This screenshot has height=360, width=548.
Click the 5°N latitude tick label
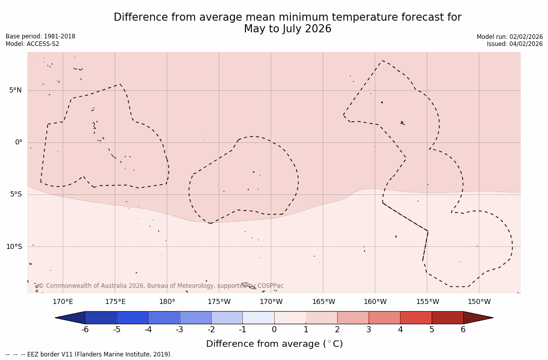coord(15,90)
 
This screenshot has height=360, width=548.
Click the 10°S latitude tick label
coord(14,247)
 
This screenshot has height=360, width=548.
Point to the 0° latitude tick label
coord(19,142)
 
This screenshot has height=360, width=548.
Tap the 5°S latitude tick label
coord(15,194)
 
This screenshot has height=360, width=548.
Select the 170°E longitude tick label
coord(63,302)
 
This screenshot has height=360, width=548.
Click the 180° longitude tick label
coord(167,302)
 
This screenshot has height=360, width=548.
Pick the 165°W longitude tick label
coord(323,302)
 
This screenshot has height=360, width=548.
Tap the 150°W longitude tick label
coord(479,302)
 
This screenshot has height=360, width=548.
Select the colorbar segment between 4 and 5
coord(416,318)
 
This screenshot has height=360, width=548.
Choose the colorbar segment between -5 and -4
coord(132,318)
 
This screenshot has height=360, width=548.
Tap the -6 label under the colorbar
coord(85,330)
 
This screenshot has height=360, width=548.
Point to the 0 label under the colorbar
coord(274,330)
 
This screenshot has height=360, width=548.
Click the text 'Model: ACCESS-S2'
coord(32,44)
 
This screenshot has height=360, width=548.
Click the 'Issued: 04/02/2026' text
coord(515,44)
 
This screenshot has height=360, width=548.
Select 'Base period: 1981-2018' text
coord(40,36)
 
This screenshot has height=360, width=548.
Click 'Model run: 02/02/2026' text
coord(510,36)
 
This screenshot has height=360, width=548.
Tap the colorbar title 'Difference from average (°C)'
coord(274,344)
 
